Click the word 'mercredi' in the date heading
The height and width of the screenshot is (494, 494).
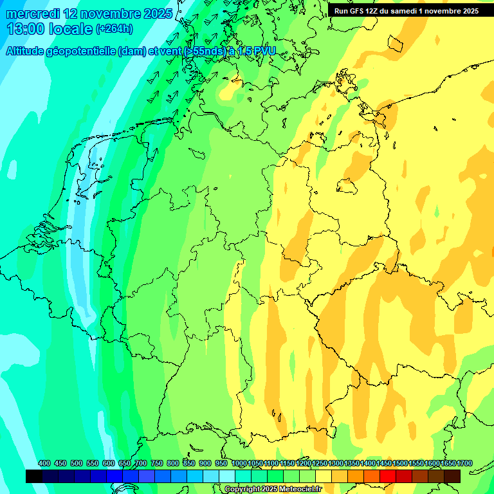click(x=33, y=14)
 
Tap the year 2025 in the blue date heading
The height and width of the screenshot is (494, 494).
click(x=154, y=14)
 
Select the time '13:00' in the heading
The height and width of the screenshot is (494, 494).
click(x=27, y=29)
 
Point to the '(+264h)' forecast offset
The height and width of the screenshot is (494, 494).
click(x=114, y=29)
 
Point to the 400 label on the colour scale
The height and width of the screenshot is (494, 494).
click(x=44, y=464)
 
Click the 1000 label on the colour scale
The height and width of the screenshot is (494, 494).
click(x=239, y=464)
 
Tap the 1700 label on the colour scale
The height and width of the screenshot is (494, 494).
click(x=464, y=464)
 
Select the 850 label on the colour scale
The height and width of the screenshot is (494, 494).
click(x=189, y=464)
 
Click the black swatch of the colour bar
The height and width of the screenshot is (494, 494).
click(x=34, y=476)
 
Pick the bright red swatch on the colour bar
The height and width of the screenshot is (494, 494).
click(x=387, y=476)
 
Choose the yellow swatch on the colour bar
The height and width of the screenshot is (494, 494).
click(x=324, y=476)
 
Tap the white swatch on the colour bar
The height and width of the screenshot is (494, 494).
click(x=227, y=476)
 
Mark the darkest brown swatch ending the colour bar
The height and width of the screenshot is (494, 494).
click(x=452, y=476)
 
